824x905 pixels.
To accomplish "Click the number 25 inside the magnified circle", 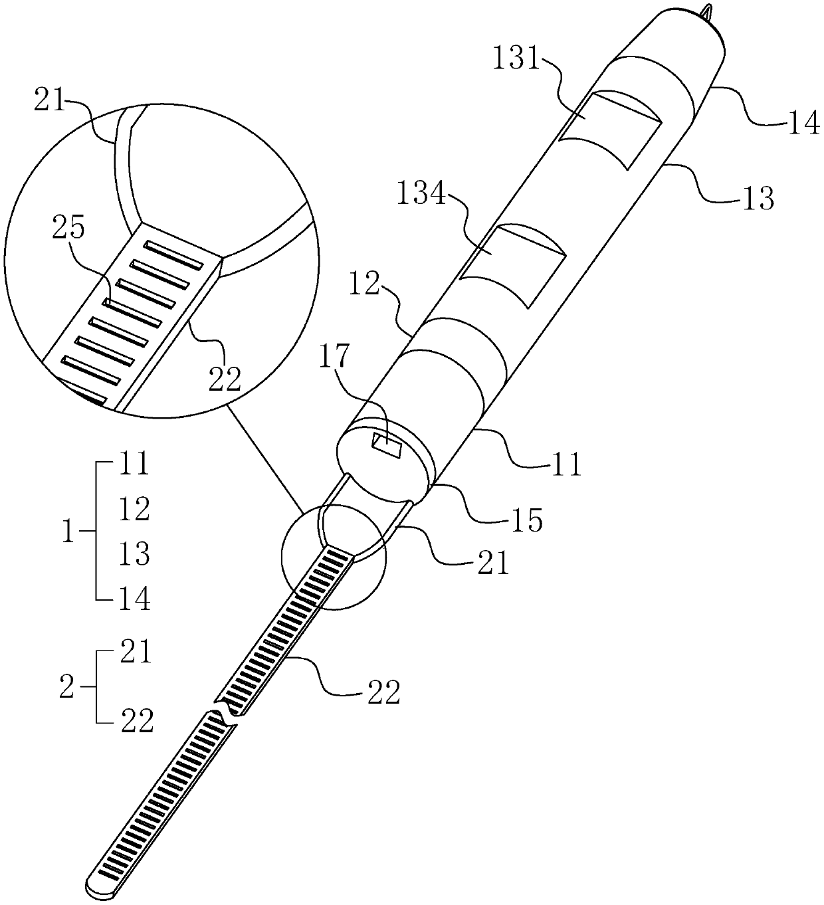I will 70,229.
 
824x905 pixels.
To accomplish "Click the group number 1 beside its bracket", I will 67,533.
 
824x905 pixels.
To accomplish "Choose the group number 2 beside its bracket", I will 66,688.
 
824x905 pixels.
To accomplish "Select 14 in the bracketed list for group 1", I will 135,599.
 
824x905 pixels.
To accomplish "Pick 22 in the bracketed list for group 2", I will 138,721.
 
